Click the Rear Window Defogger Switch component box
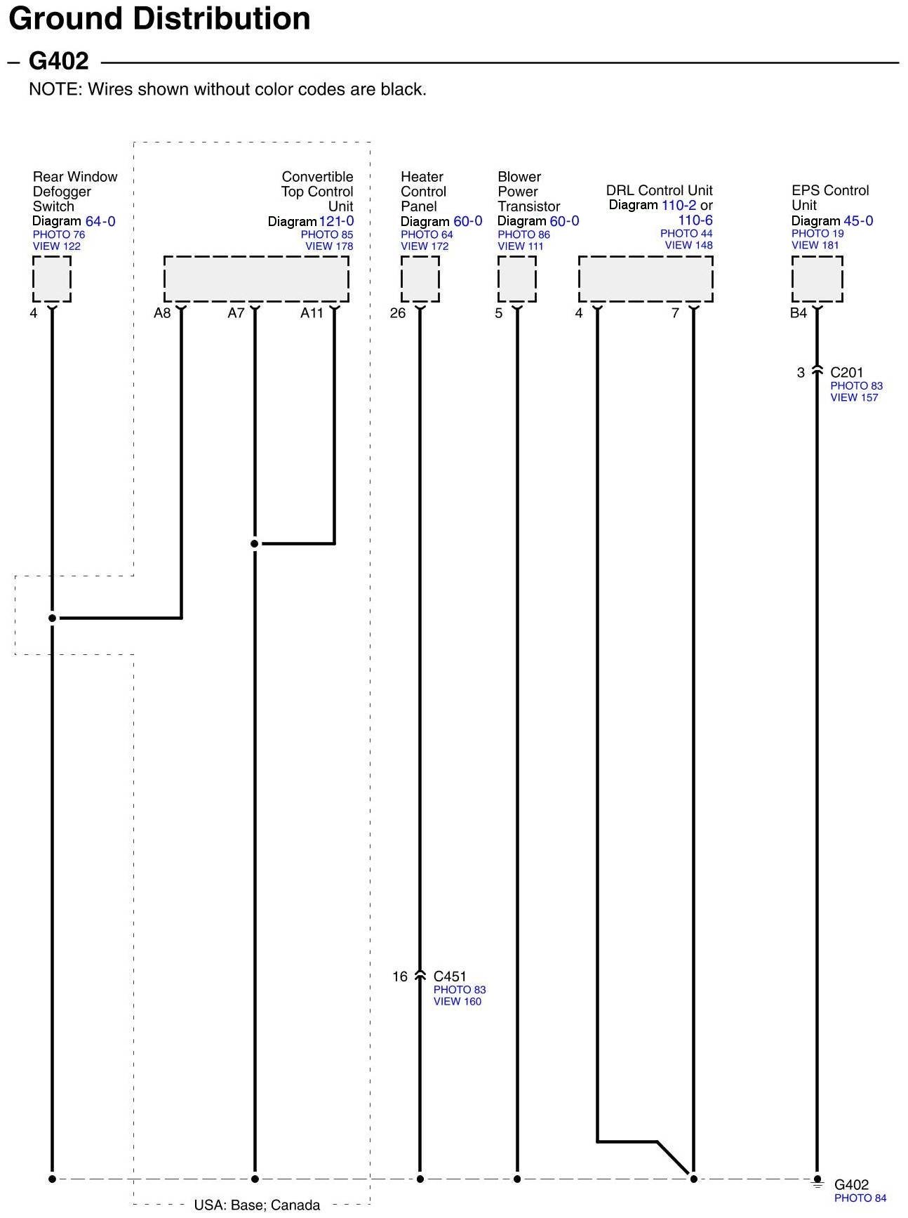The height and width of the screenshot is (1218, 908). click(51, 279)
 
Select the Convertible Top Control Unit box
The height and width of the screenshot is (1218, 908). click(256, 279)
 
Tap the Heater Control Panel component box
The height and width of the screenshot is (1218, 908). click(420, 279)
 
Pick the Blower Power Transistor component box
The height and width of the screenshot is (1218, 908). click(516, 279)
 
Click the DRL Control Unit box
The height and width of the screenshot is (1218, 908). click(646, 279)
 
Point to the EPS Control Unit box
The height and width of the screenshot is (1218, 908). click(817, 279)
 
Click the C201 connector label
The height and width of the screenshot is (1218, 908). click(846, 373)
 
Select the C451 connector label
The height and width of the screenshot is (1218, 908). click(450, 977)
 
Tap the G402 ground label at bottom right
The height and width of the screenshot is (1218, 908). click(851, 1185)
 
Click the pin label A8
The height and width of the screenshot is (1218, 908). click(162, 313)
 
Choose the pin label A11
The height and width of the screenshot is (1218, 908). click(312, 313)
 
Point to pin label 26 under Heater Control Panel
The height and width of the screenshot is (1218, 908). click(397, 313)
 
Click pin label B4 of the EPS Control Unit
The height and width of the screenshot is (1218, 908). click(798, 313)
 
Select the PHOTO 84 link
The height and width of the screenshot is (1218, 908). click(860, 1198)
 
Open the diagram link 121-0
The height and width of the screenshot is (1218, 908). click(336, 221)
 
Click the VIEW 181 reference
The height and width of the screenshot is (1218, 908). click(815, 245)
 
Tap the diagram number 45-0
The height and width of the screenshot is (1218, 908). click(858, 220)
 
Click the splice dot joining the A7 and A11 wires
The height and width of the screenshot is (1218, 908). click(255, 543)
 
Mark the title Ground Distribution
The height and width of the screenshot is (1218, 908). click(159, 18)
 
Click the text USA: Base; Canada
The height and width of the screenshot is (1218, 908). click(257, 1205)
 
